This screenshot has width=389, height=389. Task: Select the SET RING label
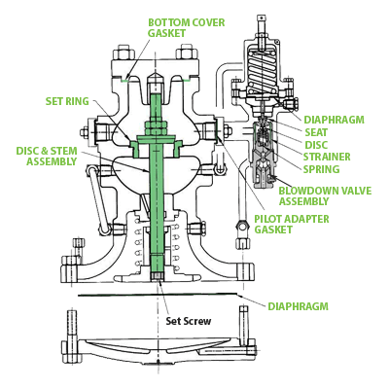click(x=67, y=100)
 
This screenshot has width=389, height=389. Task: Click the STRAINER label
click(x=326, y=156)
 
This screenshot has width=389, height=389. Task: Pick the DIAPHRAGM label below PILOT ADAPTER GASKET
click(x=299, y=305)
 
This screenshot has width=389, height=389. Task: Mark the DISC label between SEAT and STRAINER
click(x=316, y=144)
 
